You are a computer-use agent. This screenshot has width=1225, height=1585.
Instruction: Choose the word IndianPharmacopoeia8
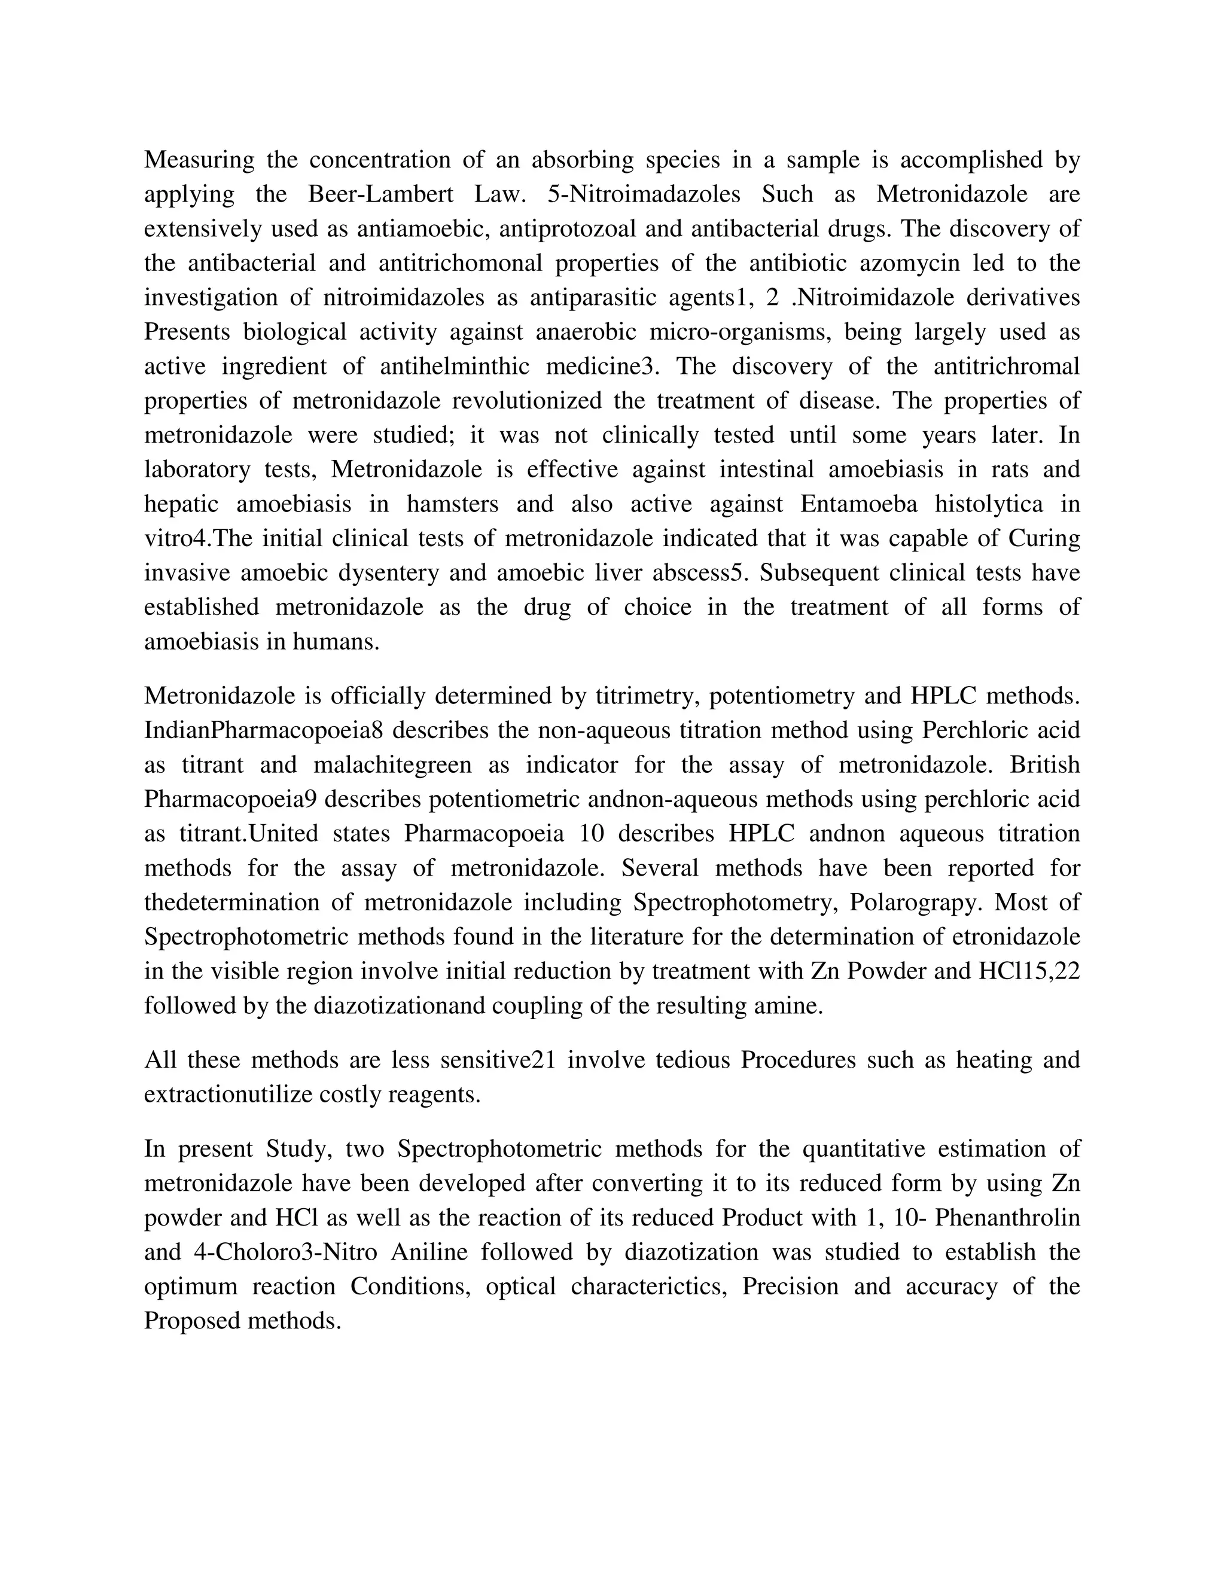263,731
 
